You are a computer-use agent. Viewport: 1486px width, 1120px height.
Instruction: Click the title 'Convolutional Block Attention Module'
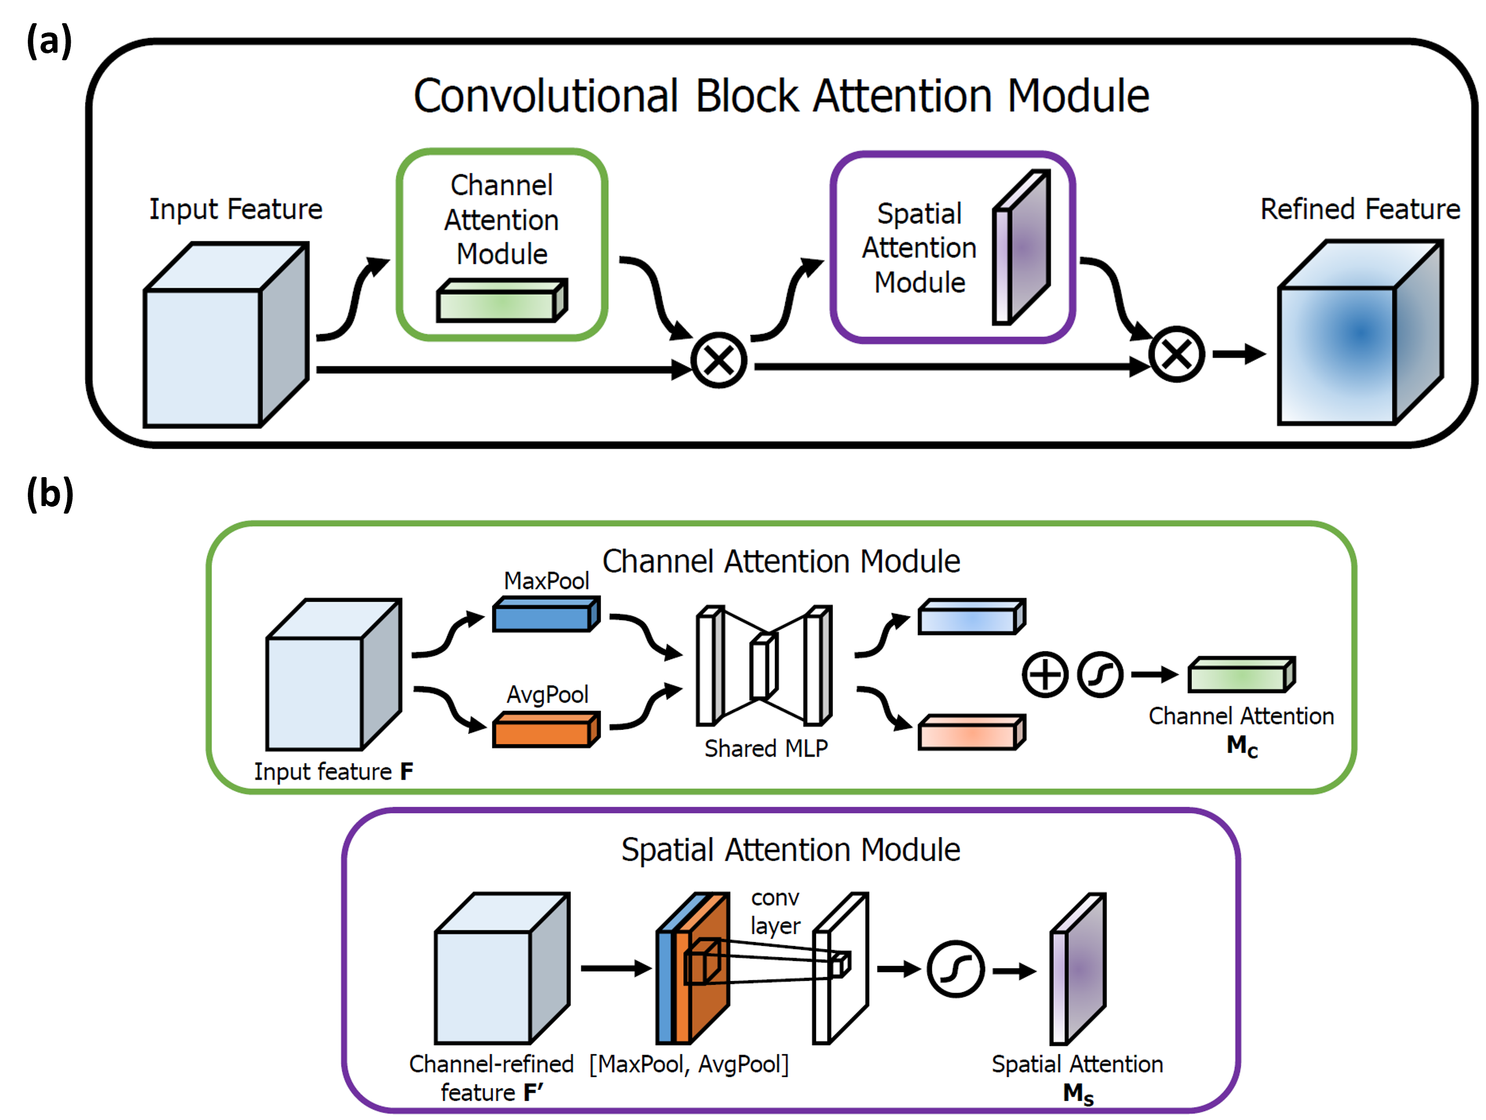tap(781, 96)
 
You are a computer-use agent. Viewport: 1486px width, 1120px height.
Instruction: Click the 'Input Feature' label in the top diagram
tap(236, 209)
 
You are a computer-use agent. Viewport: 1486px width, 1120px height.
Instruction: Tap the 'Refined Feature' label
tap(1360, 209)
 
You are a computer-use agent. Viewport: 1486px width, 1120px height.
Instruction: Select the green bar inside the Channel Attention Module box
tap(501, 301)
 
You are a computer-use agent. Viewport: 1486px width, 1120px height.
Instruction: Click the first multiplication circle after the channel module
tap(719, 361)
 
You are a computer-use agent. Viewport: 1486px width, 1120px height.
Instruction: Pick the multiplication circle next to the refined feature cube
tap(1177, 355)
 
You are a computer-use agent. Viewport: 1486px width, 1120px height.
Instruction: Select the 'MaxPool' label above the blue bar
tap(546, 580)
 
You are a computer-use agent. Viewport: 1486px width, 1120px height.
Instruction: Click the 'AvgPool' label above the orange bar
tap(548, 694)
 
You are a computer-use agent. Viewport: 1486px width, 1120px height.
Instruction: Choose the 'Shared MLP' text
tap(766, 748)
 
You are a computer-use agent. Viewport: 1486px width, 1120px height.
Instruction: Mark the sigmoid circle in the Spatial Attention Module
tap(955, 969)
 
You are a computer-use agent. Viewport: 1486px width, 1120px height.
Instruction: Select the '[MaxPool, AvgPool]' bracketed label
tap(689, 1064)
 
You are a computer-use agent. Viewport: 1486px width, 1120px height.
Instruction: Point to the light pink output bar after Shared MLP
tap(971, 733)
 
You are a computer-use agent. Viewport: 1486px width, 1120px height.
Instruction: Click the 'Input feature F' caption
tap(333, 771)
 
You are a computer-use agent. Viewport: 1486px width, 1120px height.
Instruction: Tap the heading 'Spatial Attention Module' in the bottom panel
tap(791, 850)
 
